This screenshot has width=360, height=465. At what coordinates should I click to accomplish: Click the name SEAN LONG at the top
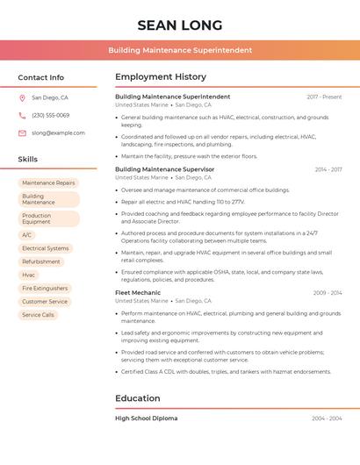[180, 25]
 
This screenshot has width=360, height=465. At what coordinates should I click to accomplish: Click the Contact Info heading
[41, 77]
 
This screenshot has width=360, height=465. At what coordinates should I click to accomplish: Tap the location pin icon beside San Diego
[22, 98]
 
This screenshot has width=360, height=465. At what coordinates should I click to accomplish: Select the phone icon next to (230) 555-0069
[22, 115]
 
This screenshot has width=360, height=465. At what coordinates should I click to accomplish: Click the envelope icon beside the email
[22, 132]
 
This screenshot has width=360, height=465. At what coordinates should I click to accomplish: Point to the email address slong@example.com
[58, 132]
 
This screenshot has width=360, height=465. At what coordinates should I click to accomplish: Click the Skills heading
[28, 159]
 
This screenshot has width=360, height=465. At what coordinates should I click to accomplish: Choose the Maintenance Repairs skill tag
[48, 182]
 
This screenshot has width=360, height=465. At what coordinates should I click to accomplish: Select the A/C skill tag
[27, 235]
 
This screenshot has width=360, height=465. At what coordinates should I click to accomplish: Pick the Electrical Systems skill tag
[46, 248]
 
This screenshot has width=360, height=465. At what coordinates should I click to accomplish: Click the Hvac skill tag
[29, 275]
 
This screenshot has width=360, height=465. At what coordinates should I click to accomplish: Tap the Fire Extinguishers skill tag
[45, 288]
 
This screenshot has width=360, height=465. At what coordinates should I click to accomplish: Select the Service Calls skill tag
[38, 314]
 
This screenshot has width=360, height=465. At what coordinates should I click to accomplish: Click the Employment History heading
[161, 77]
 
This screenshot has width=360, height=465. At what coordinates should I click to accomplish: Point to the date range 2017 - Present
[324, 97]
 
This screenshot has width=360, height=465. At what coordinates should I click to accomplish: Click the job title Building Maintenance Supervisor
[165, 169]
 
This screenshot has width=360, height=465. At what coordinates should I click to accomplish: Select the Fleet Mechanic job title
[138, 293]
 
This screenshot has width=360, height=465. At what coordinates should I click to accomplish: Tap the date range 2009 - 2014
[327, 293]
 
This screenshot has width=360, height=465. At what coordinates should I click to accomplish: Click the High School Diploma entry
[146, 418]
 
